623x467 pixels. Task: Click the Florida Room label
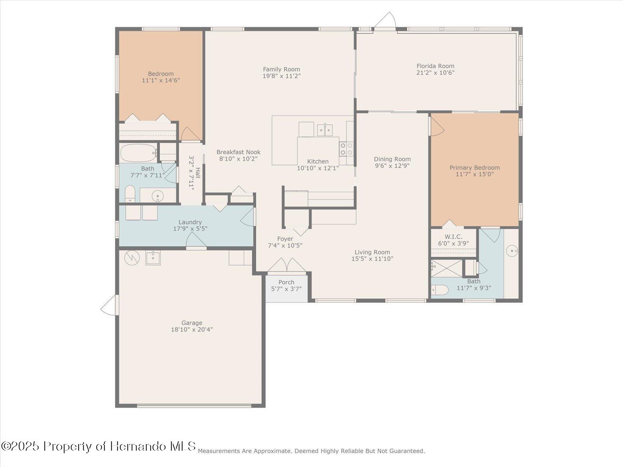tap(435, 66)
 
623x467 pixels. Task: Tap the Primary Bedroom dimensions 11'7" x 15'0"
tap(474, 174)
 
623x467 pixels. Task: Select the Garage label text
tap(192, 323)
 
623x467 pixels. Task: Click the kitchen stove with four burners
tap(347, 149)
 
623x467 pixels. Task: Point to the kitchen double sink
tap(325, 129)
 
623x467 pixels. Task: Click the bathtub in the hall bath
tap(137, 153)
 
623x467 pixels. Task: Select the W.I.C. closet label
tap(453, 237)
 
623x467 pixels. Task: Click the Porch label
tap(286, 282)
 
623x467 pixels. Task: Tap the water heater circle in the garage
tap(132, 257)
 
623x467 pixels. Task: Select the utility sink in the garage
tap(153, 258)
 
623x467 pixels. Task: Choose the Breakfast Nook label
tap(238, 152)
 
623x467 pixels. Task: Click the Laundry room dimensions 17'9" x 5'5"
tap(190, 229)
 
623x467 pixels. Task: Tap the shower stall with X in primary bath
tap(446, 269)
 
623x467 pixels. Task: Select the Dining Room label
tap(392, 159)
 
